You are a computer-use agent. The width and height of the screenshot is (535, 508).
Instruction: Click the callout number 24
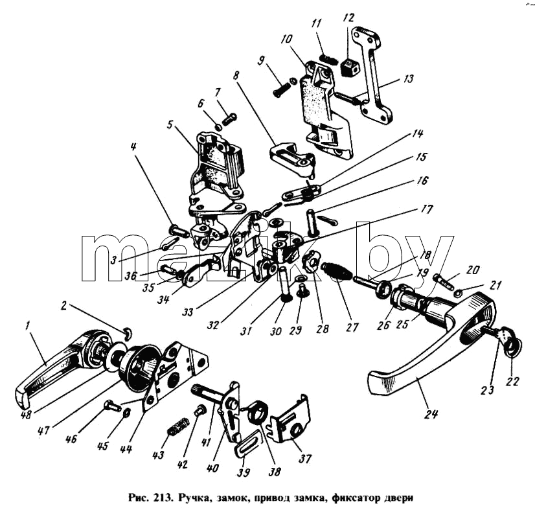click(x=431, y=414)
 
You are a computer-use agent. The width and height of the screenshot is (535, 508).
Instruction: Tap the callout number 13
click(x=408, y=79)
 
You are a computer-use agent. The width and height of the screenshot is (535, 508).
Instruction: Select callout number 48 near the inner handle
click(x=26, y=414)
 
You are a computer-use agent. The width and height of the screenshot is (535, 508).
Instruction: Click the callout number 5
click(x=170, y=124)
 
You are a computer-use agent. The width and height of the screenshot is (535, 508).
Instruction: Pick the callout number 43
click(x=158, y=454)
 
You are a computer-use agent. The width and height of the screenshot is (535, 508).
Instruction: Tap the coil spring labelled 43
click(x=178, y=426)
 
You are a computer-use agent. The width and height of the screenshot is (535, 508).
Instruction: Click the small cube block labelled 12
click(x=350, y=67)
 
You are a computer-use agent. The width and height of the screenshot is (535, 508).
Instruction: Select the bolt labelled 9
click(x=281, y=89)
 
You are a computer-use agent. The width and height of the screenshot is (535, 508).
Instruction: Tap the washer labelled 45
click(x=126, y=412)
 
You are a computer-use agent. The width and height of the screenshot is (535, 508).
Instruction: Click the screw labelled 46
click(x=111, y=406)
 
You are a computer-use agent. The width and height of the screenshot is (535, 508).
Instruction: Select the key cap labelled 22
click(x=513, y=347)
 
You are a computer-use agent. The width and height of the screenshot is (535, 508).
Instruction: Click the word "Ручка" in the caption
click(x=194, y=498)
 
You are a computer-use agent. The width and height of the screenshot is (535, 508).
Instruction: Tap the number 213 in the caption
click(x=163, y=498)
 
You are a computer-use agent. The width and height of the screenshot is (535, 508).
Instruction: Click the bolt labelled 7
click(x=230, y=119)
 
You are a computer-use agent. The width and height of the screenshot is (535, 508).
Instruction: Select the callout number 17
click(x=427, y=209)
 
